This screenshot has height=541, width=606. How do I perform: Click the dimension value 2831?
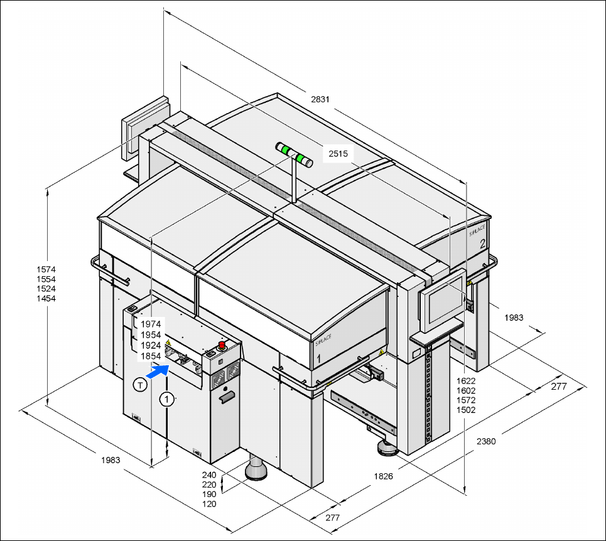pos(320,99)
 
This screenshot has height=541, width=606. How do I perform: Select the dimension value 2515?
pos(338,153)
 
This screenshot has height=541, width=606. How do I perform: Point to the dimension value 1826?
pos(383,476)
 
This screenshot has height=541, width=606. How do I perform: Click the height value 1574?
pos(45,269)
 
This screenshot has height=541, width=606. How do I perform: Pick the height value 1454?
pos(45,299)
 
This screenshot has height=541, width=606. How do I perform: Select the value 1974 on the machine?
pos(151,324)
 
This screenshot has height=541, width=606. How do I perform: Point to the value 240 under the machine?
pos(209,475)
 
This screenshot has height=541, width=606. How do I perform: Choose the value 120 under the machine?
pos(209,504)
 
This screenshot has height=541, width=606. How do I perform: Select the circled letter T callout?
pos(139,385)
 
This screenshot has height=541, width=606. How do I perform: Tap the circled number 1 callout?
pos(166,398)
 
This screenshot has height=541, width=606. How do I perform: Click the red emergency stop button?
pos(222,345)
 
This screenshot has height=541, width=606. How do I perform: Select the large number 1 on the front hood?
pos(319,358)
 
